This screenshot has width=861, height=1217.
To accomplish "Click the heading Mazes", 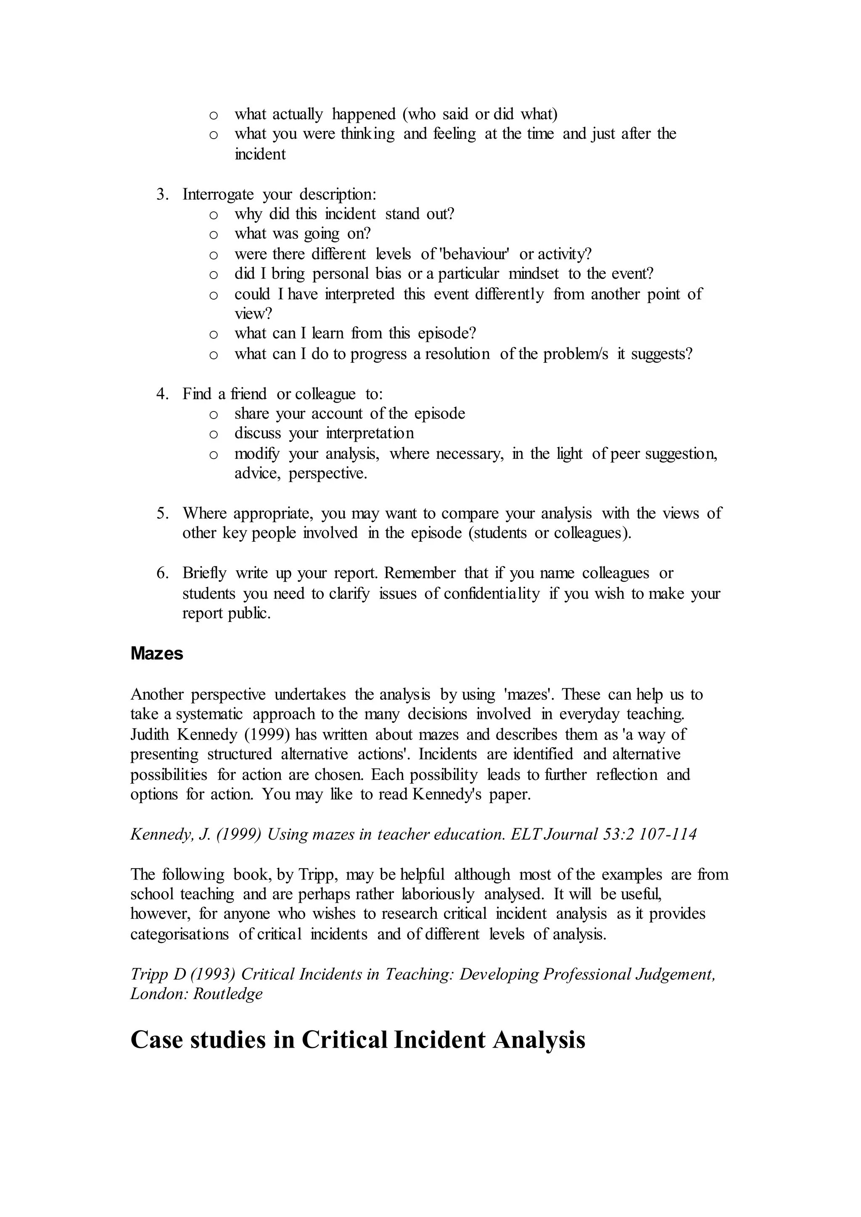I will coord(156,653).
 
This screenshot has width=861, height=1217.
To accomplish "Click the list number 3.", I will coord(162,195).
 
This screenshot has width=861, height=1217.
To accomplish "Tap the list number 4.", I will coord(162,394).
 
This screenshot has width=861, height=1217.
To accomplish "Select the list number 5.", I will coord(162,513).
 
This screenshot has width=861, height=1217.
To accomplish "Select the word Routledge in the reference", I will coord(227,994).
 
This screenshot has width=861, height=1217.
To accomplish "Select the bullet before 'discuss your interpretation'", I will coord(214,434).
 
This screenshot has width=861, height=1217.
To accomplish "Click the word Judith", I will coord(150,734).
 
